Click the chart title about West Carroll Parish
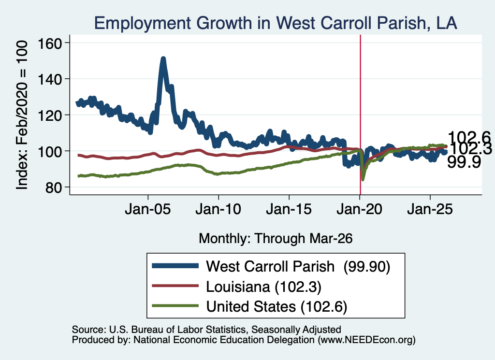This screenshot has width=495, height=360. [276, 23]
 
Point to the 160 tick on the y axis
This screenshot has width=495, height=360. [50, 43]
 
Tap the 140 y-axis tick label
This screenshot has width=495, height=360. [50, 79]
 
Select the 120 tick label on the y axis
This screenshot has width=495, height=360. [50, 115]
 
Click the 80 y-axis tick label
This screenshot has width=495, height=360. [53, 187]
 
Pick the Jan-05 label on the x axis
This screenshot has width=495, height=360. [148, 209]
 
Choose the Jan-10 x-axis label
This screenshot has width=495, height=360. [218, 209]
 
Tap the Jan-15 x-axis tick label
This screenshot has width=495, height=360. [289, 209]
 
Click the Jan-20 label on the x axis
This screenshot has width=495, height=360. [359, 209]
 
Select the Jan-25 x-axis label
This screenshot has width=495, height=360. [430, 209]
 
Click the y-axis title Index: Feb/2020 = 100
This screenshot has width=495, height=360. [22, 115]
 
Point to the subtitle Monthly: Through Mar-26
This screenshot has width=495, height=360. [276, 239]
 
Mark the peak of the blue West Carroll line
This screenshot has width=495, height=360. [163, 58]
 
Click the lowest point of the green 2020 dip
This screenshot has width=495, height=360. [363, 179]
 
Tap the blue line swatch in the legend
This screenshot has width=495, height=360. [175, 266]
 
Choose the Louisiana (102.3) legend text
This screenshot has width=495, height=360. [263, 287]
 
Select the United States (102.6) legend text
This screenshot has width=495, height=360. [277, 306]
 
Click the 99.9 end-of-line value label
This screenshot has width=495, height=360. [464, 162]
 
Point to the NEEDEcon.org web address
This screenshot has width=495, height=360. [366, 340]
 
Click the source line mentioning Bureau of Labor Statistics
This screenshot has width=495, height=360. [206, 330]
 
